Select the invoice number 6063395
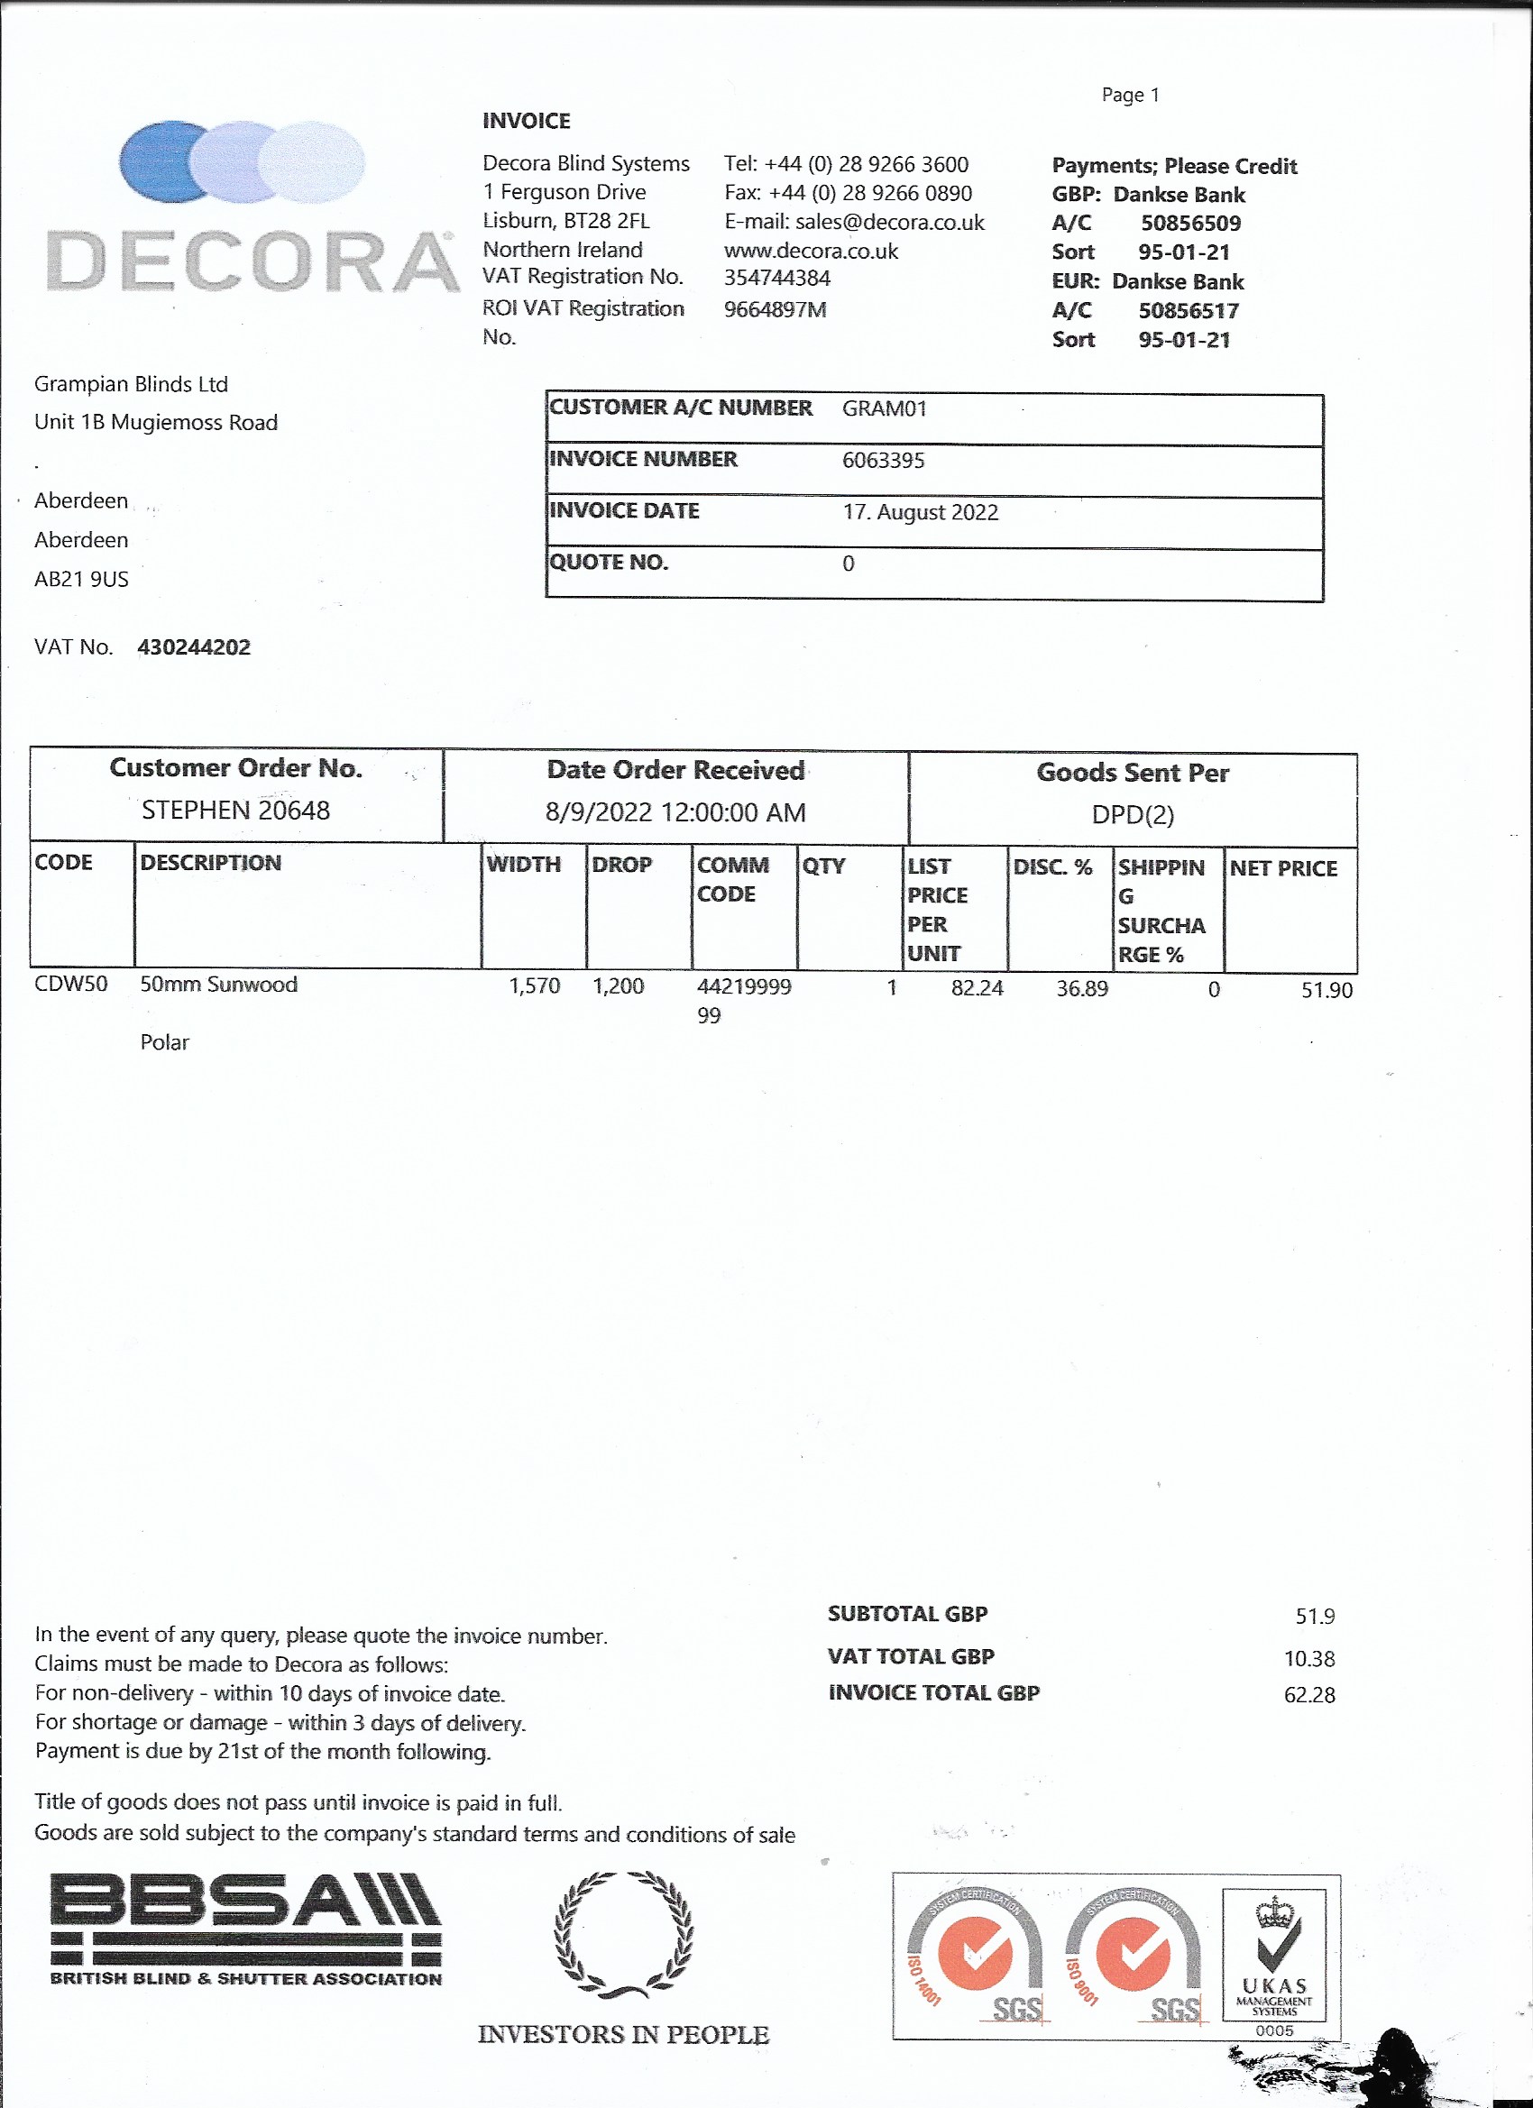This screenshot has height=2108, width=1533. [882, 460]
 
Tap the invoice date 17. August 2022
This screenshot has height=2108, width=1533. [920, 512]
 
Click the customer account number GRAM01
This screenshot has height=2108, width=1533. [883, 409]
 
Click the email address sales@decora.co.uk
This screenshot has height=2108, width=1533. [889, 222]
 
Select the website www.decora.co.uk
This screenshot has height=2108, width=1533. [811, 251]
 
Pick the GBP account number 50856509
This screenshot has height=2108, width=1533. [1190, 223]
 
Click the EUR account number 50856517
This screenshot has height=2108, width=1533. [1189, 310]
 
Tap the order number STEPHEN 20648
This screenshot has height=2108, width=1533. [235, 811]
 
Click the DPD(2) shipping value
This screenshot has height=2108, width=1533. [1133, 815]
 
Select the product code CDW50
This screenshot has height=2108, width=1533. [70, 985]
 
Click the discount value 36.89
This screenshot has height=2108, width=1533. [1081, 989]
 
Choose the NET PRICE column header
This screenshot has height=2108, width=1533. [1283, 868]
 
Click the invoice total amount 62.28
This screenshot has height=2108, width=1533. [1308, 1695]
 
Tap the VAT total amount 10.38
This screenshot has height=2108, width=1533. [1308, 1659]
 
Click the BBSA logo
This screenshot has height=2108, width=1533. [245, 1930]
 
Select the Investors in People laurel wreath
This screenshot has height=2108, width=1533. [624, 1936]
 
